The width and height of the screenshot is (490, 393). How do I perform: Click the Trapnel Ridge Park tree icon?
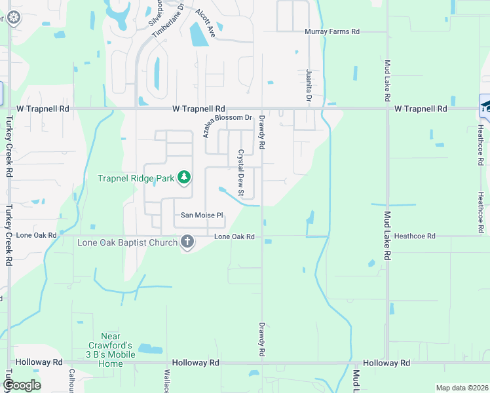185,177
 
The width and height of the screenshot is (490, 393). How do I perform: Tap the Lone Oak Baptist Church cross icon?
187,242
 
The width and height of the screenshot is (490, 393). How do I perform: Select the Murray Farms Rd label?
332,31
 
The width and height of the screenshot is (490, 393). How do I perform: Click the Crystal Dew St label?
240,174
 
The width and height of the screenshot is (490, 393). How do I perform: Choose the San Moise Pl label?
202,215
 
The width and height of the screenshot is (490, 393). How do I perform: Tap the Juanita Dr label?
308,85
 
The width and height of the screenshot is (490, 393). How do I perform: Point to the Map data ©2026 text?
461,388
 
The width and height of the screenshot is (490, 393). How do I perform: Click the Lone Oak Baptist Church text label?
128,243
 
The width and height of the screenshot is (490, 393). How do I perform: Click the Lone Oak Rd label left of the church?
37,235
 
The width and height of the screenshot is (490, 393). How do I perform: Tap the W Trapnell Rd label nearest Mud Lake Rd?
421,109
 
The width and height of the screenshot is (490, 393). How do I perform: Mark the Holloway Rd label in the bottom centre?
195,362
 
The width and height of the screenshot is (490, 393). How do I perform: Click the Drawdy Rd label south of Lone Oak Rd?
261,339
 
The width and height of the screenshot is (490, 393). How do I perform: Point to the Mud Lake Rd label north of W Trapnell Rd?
388,80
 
